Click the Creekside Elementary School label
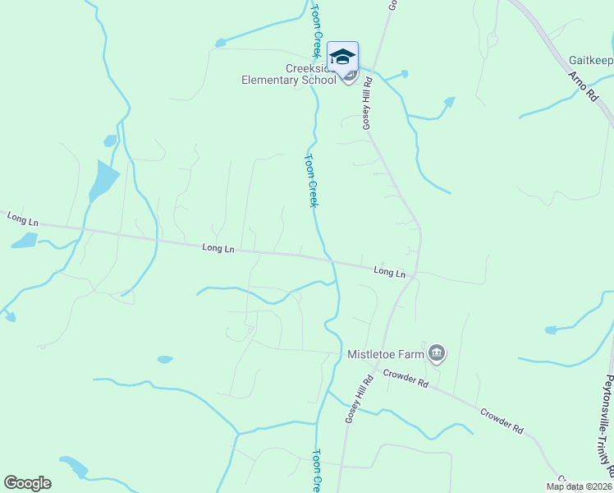pyautogui.click(x=288, y=74)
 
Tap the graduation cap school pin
pyautogui.click(x=342, y=58)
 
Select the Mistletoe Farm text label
pyautogui.click(x=385, y=354)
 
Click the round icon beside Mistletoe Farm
pyautogui.click(x=437, y=353)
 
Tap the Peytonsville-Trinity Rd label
pyautogui.click(x=608, y=426)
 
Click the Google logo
pyautogui.click(x=27, y=483)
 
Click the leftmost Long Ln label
pyautogui.click(x=23, y=219)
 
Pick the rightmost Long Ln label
pyautogui.click(x=390, y=271)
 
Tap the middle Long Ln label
pyautogui.click(x=218, y=247)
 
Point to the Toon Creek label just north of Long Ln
pyautogui.click(x=311, y=181)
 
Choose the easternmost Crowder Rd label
pyautogui.click(x=502, y=421)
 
